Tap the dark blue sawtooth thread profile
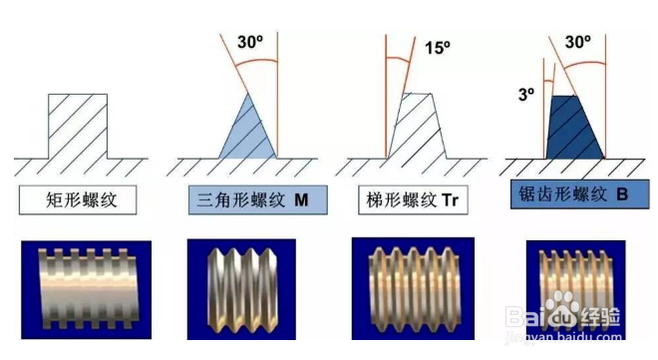pos(573,128)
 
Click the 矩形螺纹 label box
pos(78,200)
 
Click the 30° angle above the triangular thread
pos(250,43)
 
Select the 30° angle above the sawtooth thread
pos(578,43)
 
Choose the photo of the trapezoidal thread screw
pos(412,295)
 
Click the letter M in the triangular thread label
pos(301,200)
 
